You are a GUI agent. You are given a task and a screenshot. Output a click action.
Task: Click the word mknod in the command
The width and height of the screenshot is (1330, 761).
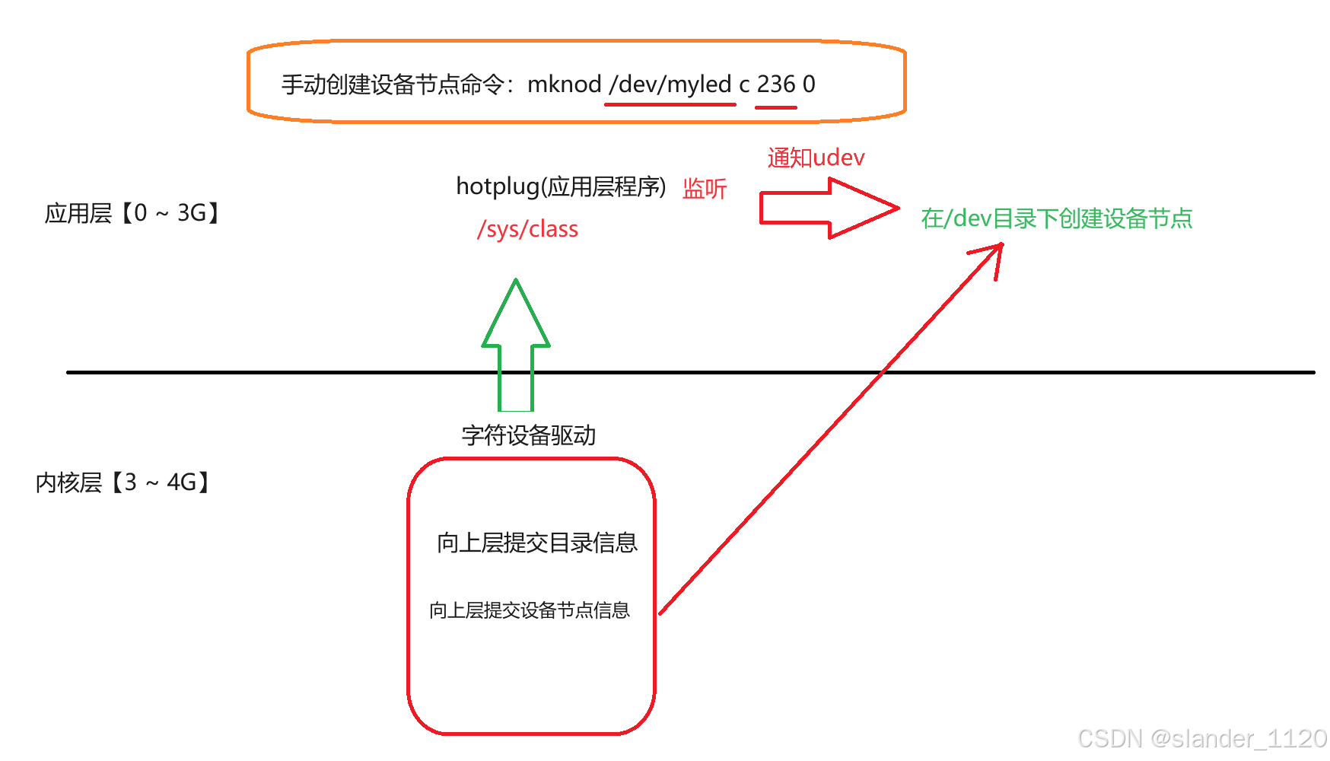pyautogui.click(x=564, y=84)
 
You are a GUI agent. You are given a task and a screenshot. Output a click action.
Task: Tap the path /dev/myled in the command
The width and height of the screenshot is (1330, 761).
pyautogui.click(x=670, y=84)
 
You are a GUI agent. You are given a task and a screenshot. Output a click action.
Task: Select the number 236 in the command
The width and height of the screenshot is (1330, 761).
pyautogui.click(x=775, y=84)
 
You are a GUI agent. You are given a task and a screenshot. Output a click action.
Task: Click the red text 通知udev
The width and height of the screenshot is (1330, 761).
pyautogui.click(x=816, y=158)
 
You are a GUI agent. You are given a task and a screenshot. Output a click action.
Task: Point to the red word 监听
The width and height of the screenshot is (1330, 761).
pyautogui.click(x=705, y=189)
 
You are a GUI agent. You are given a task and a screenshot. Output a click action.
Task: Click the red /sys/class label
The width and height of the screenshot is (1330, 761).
pyautogui.click(x=527, y=229)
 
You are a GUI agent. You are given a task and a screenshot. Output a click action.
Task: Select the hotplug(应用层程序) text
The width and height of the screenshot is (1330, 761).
pyautogui.click(x=561, y=186)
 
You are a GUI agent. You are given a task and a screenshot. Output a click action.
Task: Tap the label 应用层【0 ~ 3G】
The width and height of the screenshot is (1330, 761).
pyautogui.click(x=132, y=213)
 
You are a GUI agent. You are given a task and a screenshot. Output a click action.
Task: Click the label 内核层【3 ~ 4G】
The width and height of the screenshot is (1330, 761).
pyautogui.click(x=123, y=482)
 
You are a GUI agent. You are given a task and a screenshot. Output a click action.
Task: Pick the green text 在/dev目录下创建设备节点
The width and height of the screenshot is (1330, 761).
pyautogui.click(x=1056, y=219)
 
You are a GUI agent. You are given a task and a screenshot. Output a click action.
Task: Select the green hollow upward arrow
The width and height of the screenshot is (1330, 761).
pyautogui.click(x=516, y=342)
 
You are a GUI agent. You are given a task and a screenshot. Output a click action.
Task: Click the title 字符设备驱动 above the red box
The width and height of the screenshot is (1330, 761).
pyautogui.click(x=528, y=436)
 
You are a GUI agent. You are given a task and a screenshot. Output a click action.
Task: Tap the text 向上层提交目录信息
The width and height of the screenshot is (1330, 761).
pyautogui.click(x=536, y=543)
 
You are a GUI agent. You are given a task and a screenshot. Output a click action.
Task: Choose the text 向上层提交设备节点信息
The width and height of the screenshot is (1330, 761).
pyautogui.click(x=530, y=610)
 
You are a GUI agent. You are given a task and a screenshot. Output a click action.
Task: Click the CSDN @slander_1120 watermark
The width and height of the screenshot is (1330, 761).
pyautogui.click(x=1202, y=738)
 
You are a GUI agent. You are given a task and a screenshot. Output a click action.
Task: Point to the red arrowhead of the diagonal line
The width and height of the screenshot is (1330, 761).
pyautogui.click(x=994, y=254)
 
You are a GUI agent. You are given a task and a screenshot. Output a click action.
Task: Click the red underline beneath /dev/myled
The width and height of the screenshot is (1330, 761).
pyautogui.click(x=670, y=104)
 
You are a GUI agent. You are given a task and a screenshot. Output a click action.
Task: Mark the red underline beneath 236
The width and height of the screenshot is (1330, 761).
pyautogui.click(x=775, y=107)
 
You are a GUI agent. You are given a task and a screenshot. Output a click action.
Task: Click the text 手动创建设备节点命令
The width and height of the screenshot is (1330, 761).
pyautogui.click(x=392, y=84)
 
